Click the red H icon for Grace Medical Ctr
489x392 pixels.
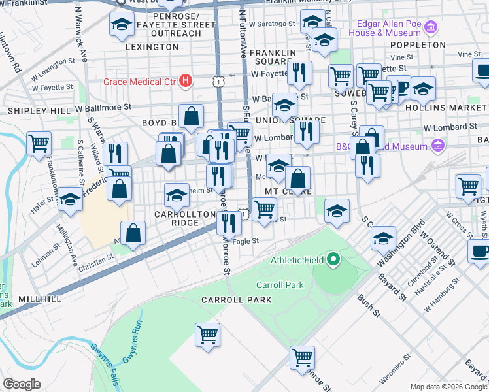[x=186, y=82]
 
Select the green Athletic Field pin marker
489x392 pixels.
[x=333, y=260]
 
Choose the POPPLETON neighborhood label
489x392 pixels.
[x=417, y=45]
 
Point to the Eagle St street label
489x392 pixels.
[x=246, y=241]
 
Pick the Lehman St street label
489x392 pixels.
[x=45, y=253]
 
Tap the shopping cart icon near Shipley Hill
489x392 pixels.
[x=39, y=142]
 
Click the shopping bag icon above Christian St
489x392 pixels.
[x=133, y=233]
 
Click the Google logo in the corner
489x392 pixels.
[x=22, y=384]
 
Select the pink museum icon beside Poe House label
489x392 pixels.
[x=430, y=27]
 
